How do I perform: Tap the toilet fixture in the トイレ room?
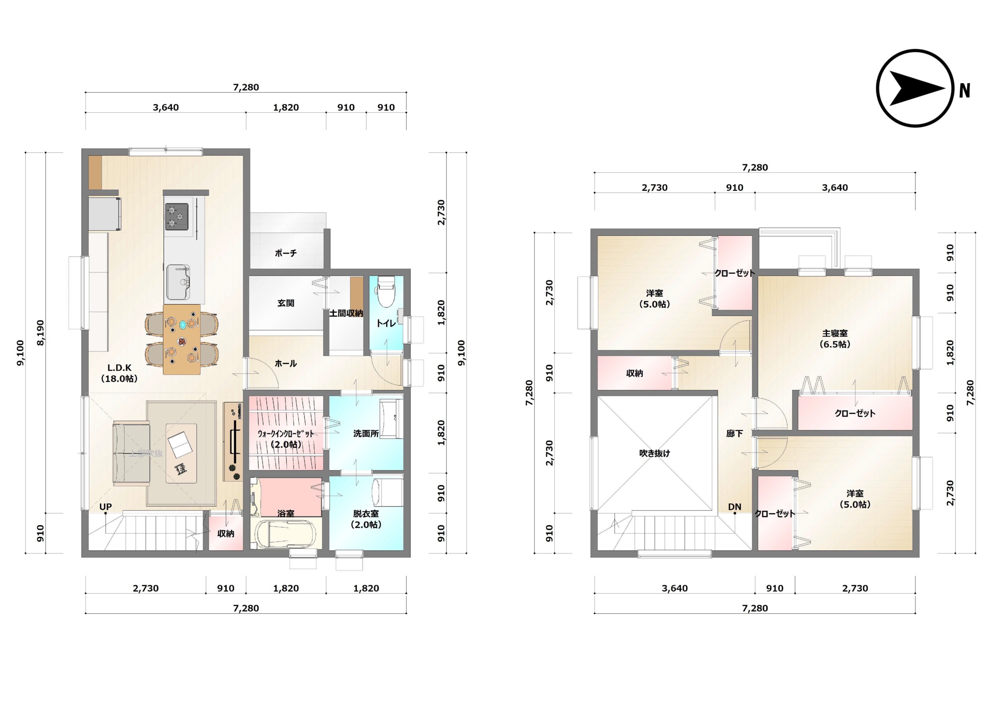[x=386, y=292]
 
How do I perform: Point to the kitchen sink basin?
[x=178, y=282]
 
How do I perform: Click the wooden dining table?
[x=182, y=339]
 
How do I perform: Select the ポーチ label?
[x=286, y=253]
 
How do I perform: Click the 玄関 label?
[x=286, y=303]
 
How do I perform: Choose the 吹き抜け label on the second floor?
[x=654, y=453]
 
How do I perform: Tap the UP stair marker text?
[x=106, y=507]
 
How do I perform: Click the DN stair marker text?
[x=734, y=507]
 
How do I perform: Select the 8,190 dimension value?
[x=41, y=333]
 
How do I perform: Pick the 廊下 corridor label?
[x=734, y=433]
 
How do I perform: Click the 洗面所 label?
[x=366, y=433]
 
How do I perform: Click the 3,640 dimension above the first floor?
[x=166, y=107]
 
